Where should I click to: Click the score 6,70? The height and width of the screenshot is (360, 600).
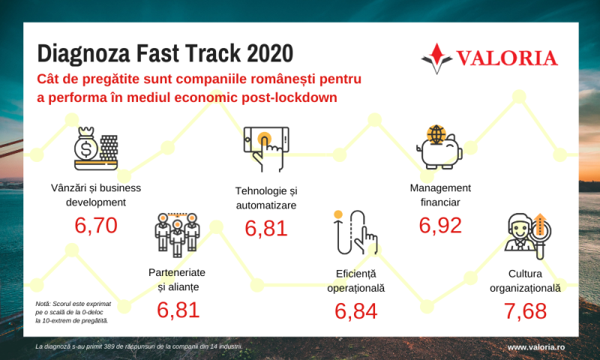tap(96, 225)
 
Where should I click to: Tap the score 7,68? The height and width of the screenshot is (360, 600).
tap(525, 310)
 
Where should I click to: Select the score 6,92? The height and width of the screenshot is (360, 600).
tap(440, 225)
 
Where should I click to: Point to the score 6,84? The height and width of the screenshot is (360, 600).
tap(355, 310)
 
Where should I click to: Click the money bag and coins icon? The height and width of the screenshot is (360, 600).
tap(96, 148)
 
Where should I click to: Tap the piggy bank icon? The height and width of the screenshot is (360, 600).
tap(439, 147)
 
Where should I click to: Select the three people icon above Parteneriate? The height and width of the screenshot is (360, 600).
tap(178, 234)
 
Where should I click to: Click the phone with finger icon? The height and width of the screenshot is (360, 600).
tap(266, 149)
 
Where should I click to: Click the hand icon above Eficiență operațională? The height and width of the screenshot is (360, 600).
tap(355, 232)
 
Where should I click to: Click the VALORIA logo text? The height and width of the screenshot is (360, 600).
tap(507, 58)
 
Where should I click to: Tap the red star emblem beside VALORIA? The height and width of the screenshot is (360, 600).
tap(437, 58)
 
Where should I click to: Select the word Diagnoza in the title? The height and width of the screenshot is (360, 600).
tap(84, 54)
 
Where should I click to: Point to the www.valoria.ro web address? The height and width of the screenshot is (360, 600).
tap(536, 347)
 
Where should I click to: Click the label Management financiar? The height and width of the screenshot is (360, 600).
tap(440, 195)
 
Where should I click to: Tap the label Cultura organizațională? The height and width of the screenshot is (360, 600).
tap(525, 280)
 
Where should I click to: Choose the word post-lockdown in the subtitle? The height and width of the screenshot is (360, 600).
tap(289, 97)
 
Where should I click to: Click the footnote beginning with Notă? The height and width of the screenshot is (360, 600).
tap(73, 312)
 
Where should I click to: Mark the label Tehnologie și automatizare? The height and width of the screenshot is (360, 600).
tap(266, 198)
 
